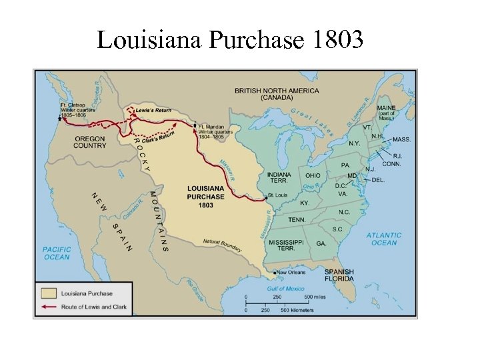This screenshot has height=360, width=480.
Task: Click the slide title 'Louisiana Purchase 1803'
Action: [230, 40]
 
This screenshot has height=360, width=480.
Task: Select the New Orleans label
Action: [292, 272]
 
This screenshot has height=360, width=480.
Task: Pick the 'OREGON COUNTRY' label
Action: [89, 142]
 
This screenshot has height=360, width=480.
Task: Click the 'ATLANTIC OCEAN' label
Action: [384, 239]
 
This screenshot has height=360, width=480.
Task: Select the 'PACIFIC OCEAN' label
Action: [57, 253]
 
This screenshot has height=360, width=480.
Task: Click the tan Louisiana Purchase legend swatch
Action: [47, 293]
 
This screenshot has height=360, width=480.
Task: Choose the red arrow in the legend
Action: [47, 307]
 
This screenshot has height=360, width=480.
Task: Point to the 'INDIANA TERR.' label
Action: [279, 178]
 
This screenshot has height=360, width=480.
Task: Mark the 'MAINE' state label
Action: [385, 108]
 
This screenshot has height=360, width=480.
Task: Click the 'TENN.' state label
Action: [297, 219]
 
